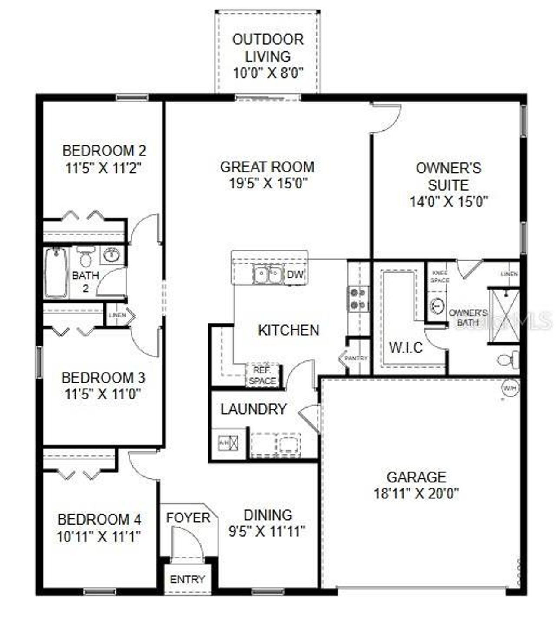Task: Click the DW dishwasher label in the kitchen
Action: click(x=295, y=274)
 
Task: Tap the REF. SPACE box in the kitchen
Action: click(x=262, y=376)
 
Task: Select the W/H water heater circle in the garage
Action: click(x=510, y=388)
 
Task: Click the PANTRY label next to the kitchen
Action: click(x=356, y=358)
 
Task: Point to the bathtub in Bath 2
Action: click(x=56, y=272)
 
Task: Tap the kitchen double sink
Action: click(x=268, y=274)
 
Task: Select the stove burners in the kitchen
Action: click(x=357, y=299)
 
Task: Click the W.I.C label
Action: click(x=406, y=347)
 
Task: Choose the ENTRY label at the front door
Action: click(x=188, y=579)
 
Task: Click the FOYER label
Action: click(x=188, y=518)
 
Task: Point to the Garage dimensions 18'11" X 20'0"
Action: click(x=417, y=494)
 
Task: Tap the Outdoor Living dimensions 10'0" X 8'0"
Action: click(x=268, y=73)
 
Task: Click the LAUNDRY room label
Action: click(x=254, y=409)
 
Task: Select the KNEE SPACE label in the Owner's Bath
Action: click(x=440, y=277)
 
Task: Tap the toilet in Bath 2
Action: click(x=86, y=257)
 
